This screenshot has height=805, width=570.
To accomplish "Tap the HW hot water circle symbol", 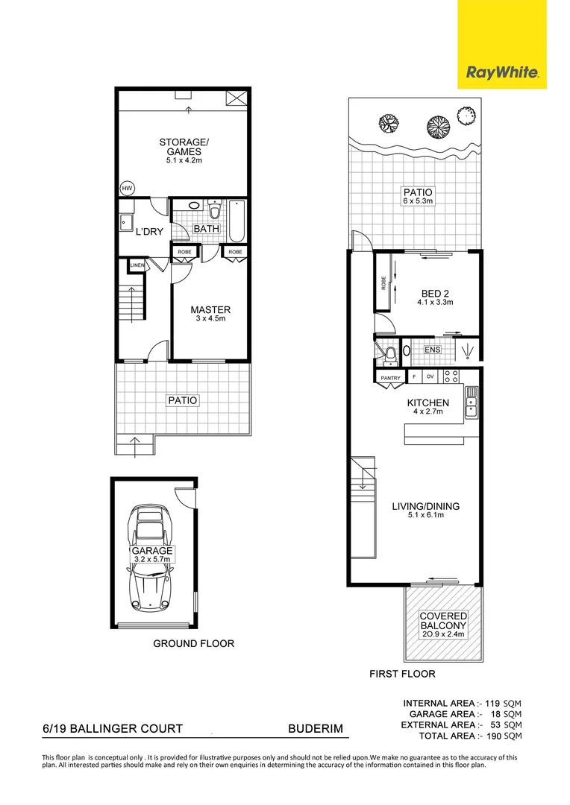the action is pos(127,189).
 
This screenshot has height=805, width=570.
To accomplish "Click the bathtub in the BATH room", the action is pos(237,220).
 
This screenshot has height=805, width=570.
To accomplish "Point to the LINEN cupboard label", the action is pos(137,265).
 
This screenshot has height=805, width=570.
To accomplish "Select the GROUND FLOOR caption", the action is pos(194,643).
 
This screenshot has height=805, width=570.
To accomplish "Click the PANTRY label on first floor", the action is pos(391,378).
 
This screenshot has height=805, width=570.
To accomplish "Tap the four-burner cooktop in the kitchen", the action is pos(451,376).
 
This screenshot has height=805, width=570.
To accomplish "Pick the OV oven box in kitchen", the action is pos(430,376).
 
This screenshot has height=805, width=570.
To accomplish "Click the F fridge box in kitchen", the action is pos(414,376).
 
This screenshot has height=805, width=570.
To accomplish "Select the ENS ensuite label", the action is pos(432,350).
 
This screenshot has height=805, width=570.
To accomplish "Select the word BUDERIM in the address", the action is pos(316,728).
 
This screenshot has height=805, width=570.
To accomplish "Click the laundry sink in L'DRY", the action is pos(125,223).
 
